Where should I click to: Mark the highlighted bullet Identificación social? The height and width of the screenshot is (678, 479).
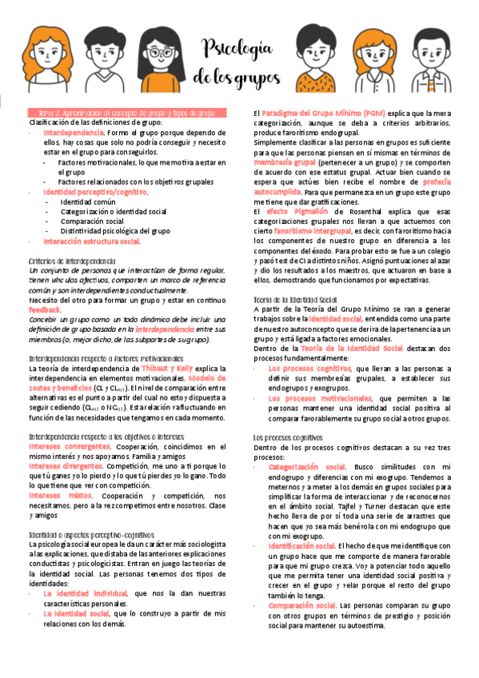pos(306,545)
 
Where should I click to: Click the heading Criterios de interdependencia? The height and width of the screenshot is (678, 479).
pos(71,261)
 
